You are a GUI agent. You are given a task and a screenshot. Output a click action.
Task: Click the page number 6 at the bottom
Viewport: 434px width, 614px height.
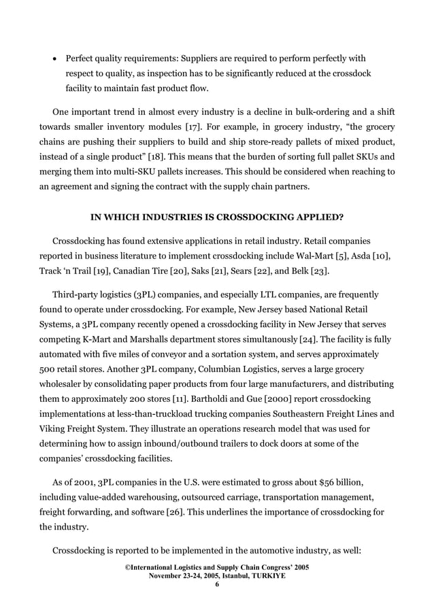coord(217,584)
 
